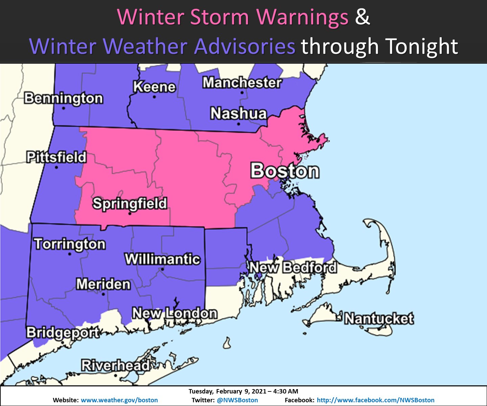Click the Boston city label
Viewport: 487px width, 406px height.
tap(285, 171)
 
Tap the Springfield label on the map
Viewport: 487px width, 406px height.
tap(130, 204)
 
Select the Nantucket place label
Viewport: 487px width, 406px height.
tap(379, 319)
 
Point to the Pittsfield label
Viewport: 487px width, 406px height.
tap(56, 157)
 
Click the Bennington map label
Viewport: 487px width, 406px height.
tap(64, 98)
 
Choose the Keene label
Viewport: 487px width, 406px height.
tap(154, 87)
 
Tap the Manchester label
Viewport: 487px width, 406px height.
tap(242, 83)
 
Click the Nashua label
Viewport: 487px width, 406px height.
tap(238, 114)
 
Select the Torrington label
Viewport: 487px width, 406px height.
tap(70, 244)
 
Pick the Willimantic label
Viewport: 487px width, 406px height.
tap(163, 260)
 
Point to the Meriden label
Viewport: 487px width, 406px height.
tap(103, 284)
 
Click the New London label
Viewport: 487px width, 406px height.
tap(175, 313)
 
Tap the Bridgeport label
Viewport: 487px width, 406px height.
tap(63, 333)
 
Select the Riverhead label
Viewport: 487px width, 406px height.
tap(115, 365)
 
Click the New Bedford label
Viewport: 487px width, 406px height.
tap(293, 267)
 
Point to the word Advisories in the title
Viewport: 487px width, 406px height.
tap(245, 46)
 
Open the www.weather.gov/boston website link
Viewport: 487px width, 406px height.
tap(119, 400)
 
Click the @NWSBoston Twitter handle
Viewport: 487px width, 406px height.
tap(237, 400)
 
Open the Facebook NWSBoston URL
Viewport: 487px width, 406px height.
tap(375, 400)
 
